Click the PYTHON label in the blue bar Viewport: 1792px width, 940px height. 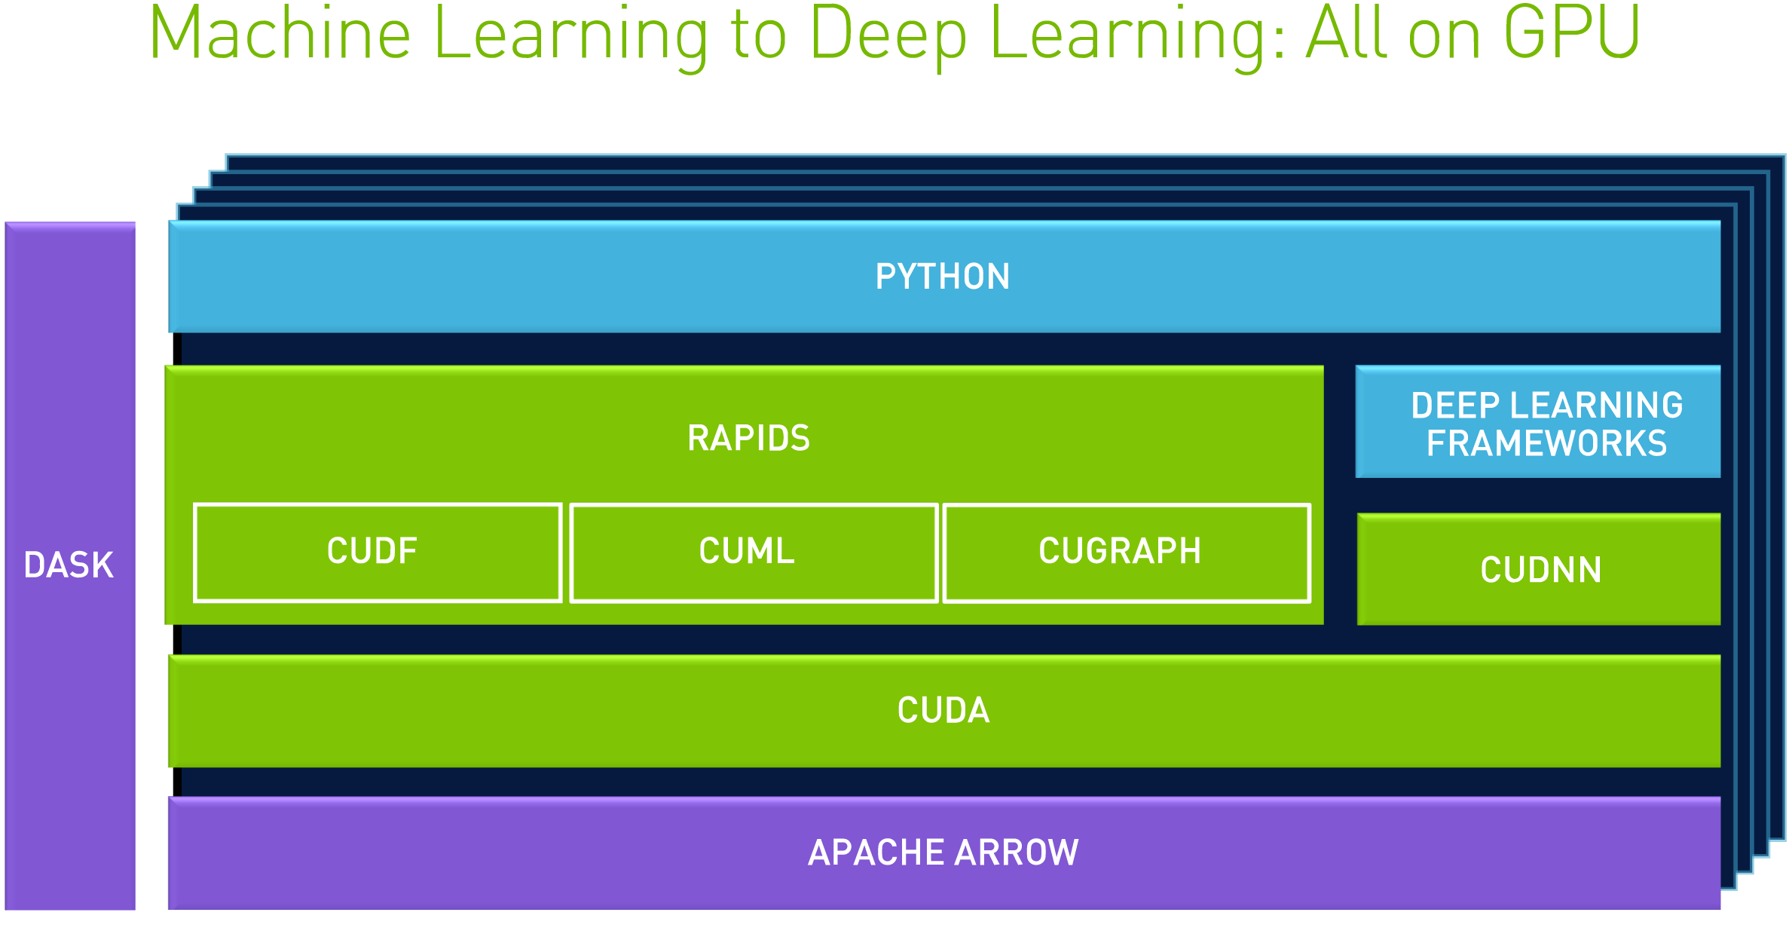[x=943, y=277]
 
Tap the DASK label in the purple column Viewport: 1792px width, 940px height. [x=69, y=565]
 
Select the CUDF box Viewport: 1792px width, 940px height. [x=377, y=553]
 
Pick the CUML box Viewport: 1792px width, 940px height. [x=753, y=553]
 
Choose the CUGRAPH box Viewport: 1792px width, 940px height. [x=1126, y=553]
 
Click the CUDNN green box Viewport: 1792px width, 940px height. [x=1539, y=569]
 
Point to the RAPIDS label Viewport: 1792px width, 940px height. [x=748, y=438]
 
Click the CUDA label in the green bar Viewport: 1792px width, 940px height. [x=943, y=710]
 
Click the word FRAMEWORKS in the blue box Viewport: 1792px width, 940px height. [x=1546, y=443]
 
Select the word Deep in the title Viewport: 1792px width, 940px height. [x=888, y=36]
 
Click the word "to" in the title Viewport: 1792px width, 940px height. [x=758, y=36]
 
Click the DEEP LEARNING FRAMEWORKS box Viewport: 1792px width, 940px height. [x=1537, y=422]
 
